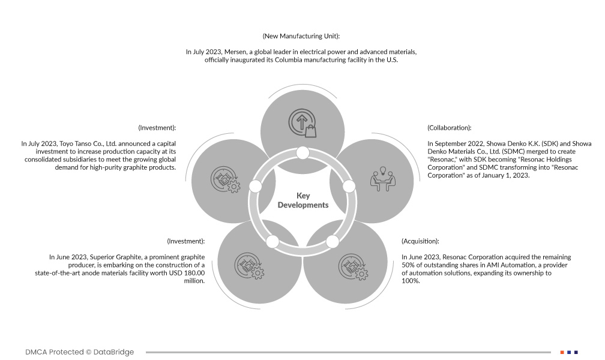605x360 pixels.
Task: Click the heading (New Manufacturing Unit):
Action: (301, 37)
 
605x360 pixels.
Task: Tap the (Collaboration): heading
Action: (449, 128)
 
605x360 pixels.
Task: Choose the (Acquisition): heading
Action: (420, 241)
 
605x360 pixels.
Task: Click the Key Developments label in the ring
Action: (302, 200)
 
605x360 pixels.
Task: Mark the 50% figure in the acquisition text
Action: (409, 265)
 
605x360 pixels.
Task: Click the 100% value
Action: (411, 281)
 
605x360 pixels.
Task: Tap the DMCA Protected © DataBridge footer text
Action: (79, 352)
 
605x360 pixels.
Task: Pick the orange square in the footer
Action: (562, 352)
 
